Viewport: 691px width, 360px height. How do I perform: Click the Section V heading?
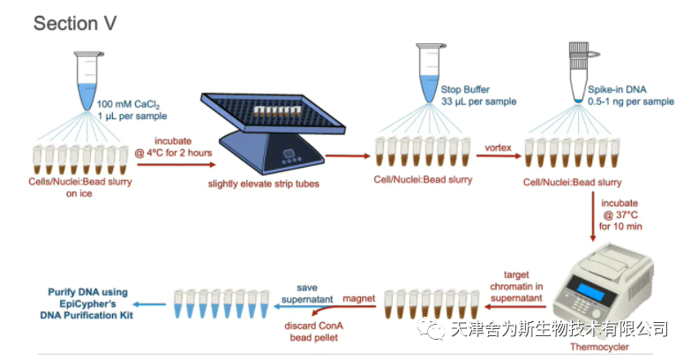[75, 23]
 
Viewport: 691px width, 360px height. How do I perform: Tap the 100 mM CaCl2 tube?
[87, 80]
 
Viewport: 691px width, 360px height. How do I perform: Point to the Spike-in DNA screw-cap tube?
[580, 72]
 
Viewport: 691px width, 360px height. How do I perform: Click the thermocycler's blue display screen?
[590, 290]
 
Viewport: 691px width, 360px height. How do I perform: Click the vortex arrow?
[499, 155]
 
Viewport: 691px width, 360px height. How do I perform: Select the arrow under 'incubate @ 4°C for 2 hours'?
[177, 165]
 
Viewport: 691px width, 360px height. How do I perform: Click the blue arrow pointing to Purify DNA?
[149, 304]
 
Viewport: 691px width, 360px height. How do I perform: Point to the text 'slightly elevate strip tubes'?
[264, 184]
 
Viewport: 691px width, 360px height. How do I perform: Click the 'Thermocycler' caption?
[599, 347]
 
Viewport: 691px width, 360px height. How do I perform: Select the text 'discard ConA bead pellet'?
[314, 332]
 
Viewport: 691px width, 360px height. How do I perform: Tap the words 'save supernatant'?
[307, 294]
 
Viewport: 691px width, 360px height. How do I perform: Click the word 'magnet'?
[358, 298]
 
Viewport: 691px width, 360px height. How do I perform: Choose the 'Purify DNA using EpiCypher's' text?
[87, 298]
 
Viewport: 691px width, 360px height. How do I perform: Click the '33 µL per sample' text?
[478, 101]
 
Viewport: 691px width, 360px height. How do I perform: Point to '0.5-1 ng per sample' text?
[631, 101]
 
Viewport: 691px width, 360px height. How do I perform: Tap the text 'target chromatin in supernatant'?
[516, 287]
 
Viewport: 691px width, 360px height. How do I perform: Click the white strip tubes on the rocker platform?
[277, 110]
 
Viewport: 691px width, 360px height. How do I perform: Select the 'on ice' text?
[79, 193]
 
